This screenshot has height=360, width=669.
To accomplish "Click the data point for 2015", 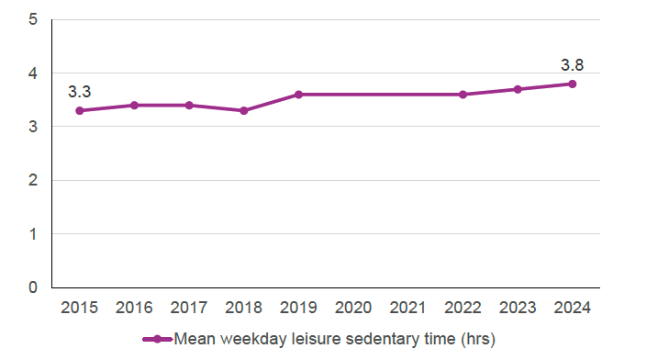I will point(80,110).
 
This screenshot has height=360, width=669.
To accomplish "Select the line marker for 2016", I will point(134,105).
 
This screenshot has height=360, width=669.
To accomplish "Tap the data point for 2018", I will point(244,110).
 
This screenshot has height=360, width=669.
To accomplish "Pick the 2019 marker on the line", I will point(298,95).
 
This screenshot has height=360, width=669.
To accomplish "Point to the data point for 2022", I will point(463,95).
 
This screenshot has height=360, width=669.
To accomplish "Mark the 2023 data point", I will point(518,89).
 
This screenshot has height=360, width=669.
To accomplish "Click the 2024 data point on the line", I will point(572,84).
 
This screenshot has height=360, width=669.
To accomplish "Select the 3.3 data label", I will point(80,92).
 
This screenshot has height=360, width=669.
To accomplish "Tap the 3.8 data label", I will point(572,65).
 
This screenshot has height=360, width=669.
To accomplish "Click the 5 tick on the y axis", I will point(33,19).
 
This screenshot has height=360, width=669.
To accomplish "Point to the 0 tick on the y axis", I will point(33,287).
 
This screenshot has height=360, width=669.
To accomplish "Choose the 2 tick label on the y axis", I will point(33,180).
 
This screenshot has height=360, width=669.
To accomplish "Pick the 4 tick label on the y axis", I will point(33,73).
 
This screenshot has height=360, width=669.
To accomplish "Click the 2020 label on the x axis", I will point(353,308).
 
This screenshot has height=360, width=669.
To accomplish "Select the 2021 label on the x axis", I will point(408,308).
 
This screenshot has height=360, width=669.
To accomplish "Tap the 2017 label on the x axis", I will point(189,308).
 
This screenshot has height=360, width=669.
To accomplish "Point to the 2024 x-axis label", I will point(572,308).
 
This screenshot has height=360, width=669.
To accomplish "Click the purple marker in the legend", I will point(157,340).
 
